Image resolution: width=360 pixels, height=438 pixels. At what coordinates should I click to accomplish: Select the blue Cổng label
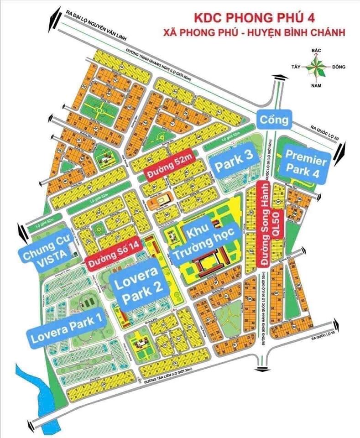click(273, 120)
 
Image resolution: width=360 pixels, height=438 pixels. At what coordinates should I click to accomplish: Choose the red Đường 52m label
click(168, 168)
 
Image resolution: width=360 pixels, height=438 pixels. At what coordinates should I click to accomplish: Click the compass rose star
click(315, 68)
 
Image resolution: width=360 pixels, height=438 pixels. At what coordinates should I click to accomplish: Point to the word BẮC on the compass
click(314, 50)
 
